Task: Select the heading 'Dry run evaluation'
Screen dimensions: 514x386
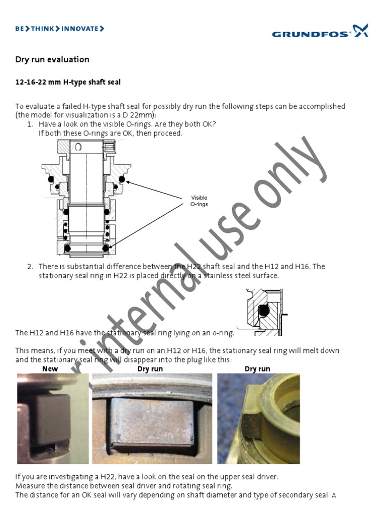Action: [52, 60]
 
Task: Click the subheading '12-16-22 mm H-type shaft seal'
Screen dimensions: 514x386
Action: [68, 82]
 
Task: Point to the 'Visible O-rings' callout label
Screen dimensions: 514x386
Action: [199, 201]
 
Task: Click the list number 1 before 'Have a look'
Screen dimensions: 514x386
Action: [30, 124]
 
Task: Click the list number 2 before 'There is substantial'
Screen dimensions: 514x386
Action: [30, 267]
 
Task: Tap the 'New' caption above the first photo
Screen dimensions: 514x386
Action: [50, 369]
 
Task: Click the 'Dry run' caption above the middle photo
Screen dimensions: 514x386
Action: [150, 369]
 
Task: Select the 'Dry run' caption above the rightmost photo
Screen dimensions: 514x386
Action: [257, 369]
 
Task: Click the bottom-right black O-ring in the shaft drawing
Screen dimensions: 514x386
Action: [106, 248]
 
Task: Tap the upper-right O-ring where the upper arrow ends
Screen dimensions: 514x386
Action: [121, 180]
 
